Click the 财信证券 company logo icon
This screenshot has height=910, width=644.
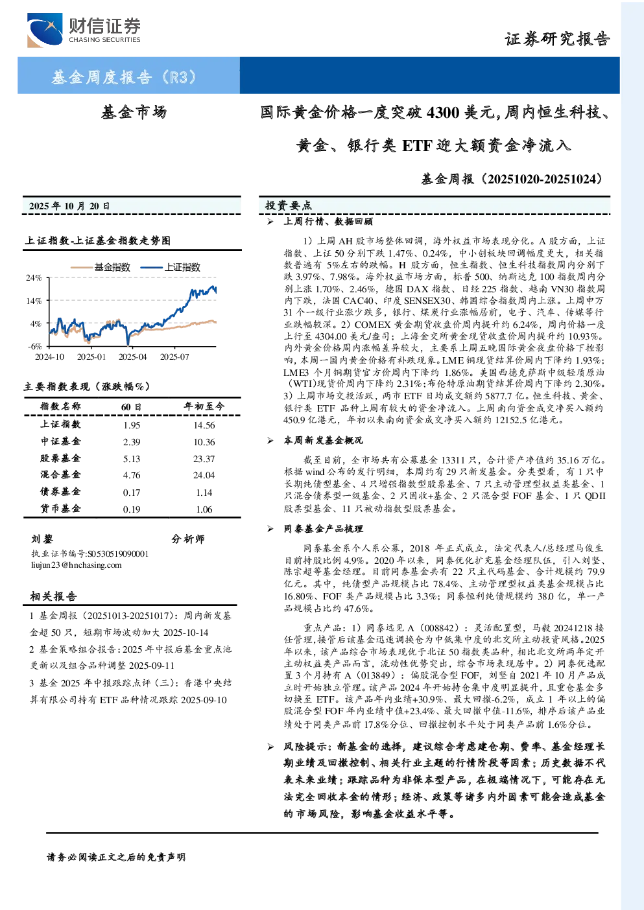point(45,30)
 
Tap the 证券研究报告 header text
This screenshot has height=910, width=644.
point(557,40)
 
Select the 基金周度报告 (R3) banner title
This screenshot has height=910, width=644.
point(125,76)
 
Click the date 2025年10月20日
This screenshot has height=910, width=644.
point(69,206)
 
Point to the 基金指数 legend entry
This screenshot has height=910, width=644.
point(100,267)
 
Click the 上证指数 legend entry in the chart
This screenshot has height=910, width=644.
point(171,267)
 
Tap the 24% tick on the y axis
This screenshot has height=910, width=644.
point(34,278)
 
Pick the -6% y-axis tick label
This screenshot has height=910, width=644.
point(34,347)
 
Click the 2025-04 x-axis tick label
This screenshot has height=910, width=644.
point(132,356)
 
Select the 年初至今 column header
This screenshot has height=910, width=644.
point(204,406)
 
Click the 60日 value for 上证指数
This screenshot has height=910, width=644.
point(131,425)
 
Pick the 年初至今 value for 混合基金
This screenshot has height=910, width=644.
point(204,475)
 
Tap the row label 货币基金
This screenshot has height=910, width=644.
point(60,509)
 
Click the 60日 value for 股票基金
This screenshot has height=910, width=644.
point(131,459)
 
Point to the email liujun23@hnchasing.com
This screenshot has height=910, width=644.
point(77,565)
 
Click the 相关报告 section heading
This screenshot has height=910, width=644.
point(53,596)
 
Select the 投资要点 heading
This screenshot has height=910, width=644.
point(288,205)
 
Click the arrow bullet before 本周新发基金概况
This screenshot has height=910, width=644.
point(270,440)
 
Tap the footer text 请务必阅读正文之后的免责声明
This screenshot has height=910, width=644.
point(116,857)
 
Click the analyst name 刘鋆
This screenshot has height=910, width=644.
point(42,539)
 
